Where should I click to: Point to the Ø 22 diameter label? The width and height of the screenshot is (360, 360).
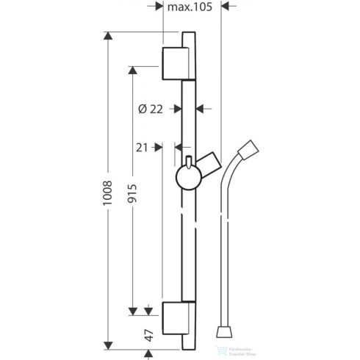(x=151, y=109)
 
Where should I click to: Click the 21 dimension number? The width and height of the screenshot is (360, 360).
(x=143, y=147)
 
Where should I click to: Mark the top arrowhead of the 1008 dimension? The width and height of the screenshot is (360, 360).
(x=109, y=37)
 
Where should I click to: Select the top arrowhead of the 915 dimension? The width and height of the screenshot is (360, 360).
(x=133, y=70)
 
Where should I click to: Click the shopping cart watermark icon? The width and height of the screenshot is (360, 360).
(x=218, y=349)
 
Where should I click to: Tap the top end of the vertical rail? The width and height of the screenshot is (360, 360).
(x=188, y=34)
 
